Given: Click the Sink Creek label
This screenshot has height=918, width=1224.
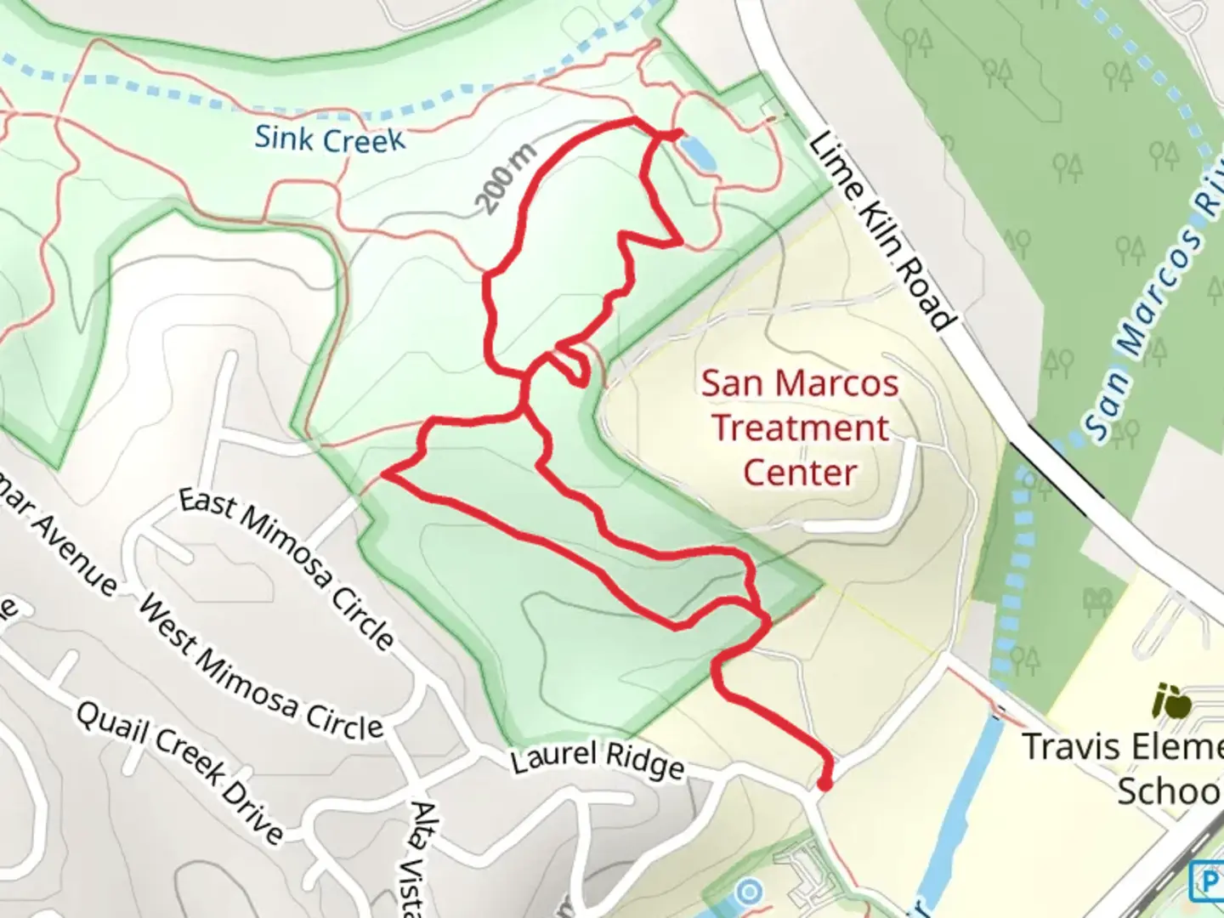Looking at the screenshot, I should [330, 139].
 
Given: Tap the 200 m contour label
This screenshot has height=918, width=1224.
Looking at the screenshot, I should [507, 178].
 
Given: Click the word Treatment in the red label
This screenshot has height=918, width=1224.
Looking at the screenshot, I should [800, 428].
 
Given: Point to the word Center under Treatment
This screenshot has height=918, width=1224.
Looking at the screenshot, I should [799, 473].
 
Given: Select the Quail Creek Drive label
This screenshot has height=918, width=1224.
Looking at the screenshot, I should [179, 770].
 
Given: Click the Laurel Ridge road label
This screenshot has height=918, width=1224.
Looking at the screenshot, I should [598, 759].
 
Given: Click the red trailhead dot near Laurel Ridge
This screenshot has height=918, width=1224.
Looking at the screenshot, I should [824, 783].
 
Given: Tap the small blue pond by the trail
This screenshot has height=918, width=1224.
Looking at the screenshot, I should [696, 153].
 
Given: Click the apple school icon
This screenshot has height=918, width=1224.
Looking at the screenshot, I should [1171, 702].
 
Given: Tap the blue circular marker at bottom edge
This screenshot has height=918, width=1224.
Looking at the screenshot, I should [749, 893].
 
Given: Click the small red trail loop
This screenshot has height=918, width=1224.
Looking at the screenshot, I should [571, 364].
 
